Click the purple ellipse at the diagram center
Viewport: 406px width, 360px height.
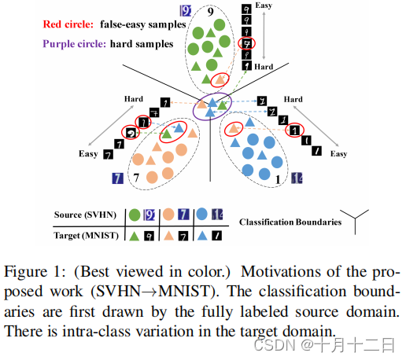pyautogui.click(x=211, y=105)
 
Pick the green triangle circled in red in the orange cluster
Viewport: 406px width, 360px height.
pyautogui.click(x=167, y=135)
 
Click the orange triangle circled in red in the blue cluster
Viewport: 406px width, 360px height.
pyautogui.click(x=234, y=129)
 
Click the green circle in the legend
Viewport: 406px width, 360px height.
pyautogui.click(x=135, y=214)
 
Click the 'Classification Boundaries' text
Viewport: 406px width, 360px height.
pyautogui.click(x=290, y=222)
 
